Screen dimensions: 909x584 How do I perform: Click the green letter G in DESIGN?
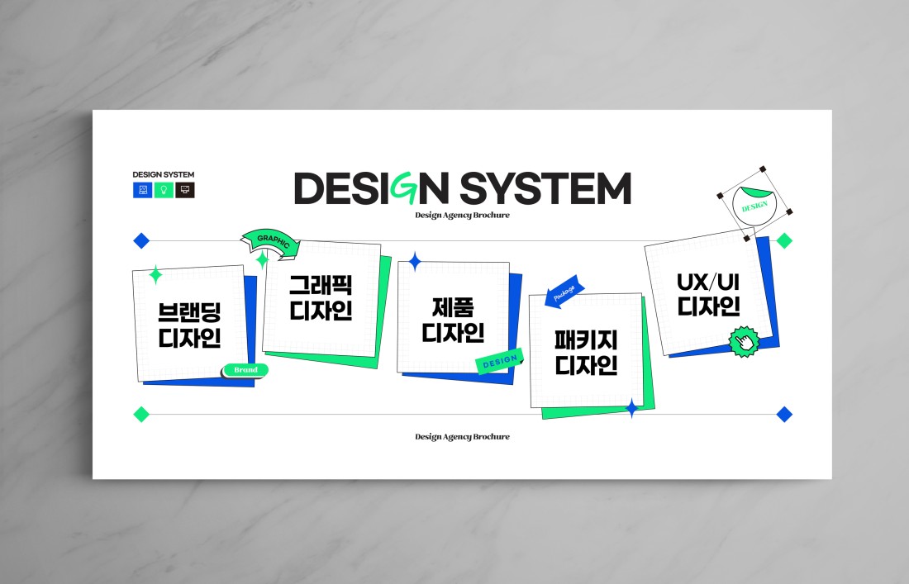point(404,188)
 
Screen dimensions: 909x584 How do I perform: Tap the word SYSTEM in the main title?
point(545,188)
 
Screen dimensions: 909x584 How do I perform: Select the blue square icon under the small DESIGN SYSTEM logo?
point(143,190)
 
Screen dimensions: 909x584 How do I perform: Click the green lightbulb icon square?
point(164,190)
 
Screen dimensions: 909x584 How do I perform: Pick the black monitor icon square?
point(185,190)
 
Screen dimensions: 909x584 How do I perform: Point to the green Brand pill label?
point(245,369)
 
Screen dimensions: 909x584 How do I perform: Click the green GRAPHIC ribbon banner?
point(271,241)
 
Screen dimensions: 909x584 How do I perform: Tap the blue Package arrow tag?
point(564,292)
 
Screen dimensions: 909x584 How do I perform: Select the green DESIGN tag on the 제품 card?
point(500,362)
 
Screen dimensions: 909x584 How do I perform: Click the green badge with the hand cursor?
point(744,342)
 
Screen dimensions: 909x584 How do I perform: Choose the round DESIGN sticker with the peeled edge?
point(754,205)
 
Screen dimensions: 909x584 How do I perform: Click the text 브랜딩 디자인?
point(189,325)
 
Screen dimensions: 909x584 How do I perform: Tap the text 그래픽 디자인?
point(321,298)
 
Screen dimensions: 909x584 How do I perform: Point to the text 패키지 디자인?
point(586,352)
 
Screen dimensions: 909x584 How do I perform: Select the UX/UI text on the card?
point(708,283)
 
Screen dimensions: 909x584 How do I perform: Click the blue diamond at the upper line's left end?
point(141,240)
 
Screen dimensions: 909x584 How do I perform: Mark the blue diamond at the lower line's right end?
point(784,414)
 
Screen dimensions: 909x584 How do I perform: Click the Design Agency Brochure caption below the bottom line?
point(462,437)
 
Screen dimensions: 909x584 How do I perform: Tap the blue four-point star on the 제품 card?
point(415,262)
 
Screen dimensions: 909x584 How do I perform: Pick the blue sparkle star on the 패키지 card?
point(632,408)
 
